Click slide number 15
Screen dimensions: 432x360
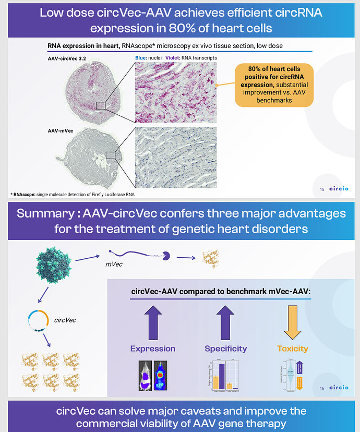321,189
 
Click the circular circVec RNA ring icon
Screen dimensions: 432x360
39,319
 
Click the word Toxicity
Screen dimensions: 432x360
292,349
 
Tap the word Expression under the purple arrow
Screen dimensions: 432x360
153,349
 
